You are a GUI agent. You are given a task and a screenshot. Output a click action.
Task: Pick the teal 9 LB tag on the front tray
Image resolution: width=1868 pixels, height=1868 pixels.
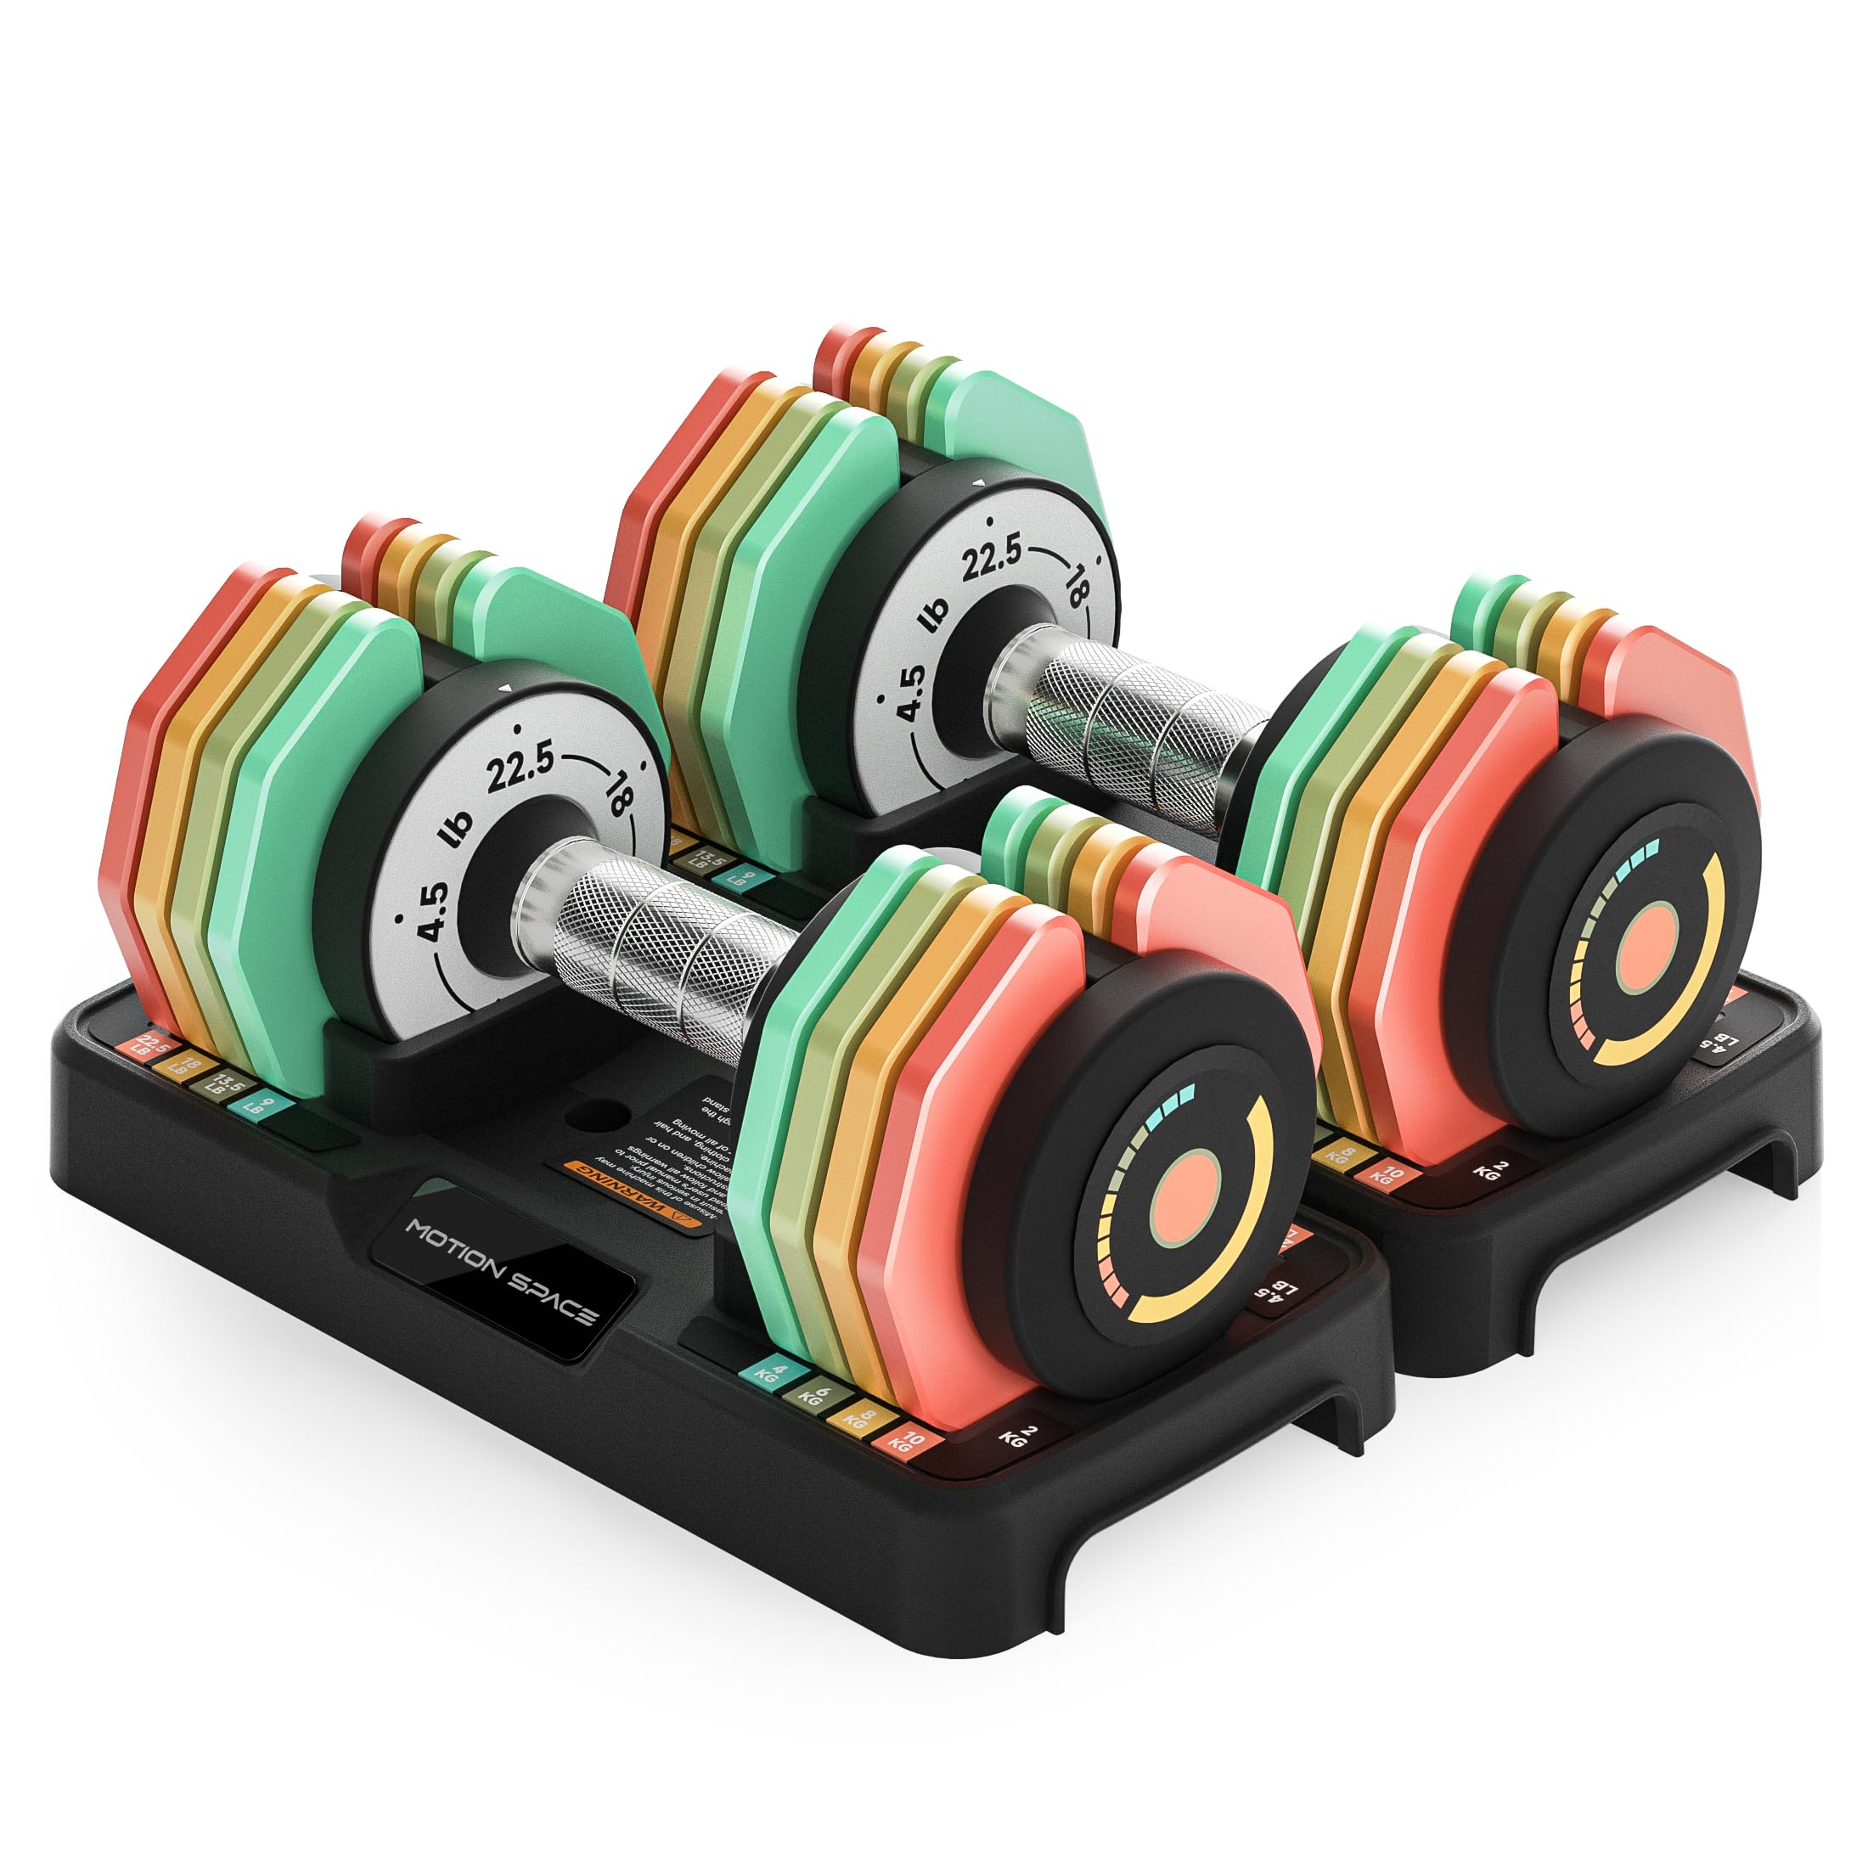tap(254, 1103)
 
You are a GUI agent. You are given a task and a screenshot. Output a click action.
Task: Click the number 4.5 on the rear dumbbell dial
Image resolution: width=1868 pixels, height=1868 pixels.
tap(910, 692)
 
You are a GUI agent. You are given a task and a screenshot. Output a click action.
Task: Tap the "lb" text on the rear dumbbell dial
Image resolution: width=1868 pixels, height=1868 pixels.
tap(936, 617)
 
